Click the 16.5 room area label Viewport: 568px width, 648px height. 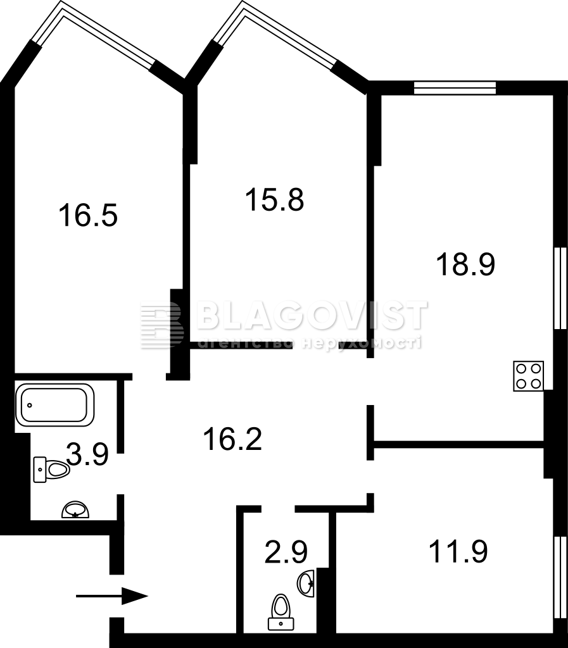88,215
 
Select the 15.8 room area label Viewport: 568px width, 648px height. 274,199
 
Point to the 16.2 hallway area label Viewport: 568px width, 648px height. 232,439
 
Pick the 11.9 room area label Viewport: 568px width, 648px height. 458,551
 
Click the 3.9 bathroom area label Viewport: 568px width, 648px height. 87,454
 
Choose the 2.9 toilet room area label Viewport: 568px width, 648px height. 286,552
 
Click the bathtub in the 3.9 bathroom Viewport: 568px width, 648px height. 54,405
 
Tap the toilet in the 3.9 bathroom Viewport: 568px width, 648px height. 51,470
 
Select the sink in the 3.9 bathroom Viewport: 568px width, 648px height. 75,510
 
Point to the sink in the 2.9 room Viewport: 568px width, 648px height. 306,583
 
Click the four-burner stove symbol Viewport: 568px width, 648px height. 528,376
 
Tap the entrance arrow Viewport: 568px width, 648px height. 112,596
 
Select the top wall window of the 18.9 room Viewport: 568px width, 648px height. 455,87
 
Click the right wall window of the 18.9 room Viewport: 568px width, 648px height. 560,288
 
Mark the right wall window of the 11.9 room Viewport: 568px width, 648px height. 560,577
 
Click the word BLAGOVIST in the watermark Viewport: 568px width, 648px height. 312,315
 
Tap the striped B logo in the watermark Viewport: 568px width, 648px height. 162,325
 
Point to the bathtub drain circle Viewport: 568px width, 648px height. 29,405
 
